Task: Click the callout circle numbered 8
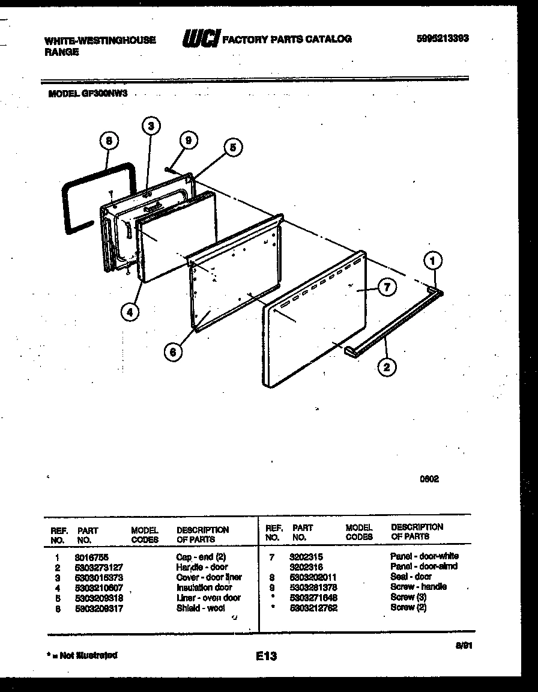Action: (109, 142)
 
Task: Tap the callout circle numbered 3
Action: (151, 126)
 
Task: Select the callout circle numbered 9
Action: (189, 141)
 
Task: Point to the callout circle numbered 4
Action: (130, 311)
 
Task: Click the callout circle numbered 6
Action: (173, 353)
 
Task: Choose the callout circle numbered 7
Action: (387, 288)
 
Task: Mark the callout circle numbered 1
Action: (433, 261)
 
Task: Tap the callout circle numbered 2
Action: (387, 367)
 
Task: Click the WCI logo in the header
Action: (201, 38)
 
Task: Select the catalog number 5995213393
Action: (443, 38)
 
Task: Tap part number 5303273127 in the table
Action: (100, 567)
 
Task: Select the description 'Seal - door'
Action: (411, 577)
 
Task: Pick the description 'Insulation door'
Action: (204, 587)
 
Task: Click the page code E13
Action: (265, 657)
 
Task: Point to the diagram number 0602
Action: (429, 479)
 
